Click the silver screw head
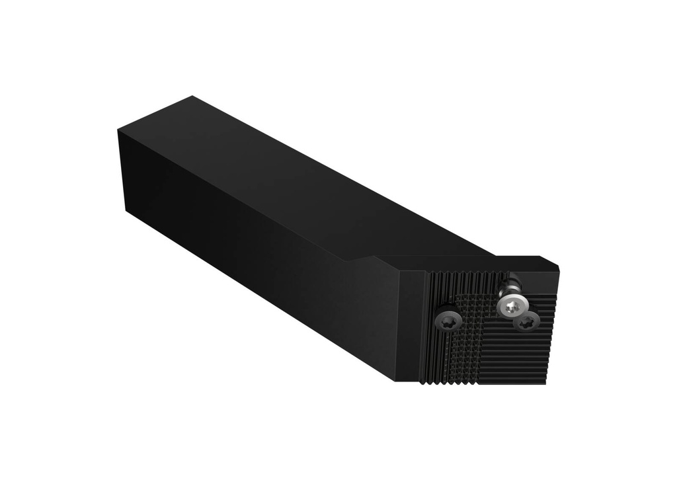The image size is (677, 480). click(511, 305)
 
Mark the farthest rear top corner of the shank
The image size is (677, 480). click(192, 97)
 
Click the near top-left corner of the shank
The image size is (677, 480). click(119, 130)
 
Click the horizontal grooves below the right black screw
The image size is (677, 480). click(522, 357)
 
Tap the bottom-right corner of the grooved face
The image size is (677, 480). click(546, 383)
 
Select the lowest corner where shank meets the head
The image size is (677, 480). click(397, 380)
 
